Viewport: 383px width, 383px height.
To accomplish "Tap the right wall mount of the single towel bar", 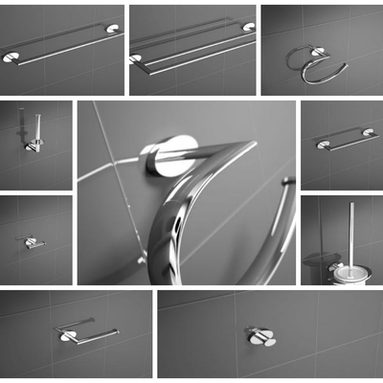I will click(114, 31).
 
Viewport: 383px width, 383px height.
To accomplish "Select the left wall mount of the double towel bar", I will click(136, 58).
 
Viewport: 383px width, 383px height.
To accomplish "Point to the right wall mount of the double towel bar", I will click(248, 27).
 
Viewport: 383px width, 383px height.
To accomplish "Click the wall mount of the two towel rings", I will click(315, 51).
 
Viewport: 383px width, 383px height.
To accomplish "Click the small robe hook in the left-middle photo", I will click(33, 243).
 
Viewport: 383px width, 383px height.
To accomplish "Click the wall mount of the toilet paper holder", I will click(67, 335).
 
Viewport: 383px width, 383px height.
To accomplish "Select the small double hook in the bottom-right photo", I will click(260, 336).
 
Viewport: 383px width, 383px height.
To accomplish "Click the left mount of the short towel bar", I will click(323, 145).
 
